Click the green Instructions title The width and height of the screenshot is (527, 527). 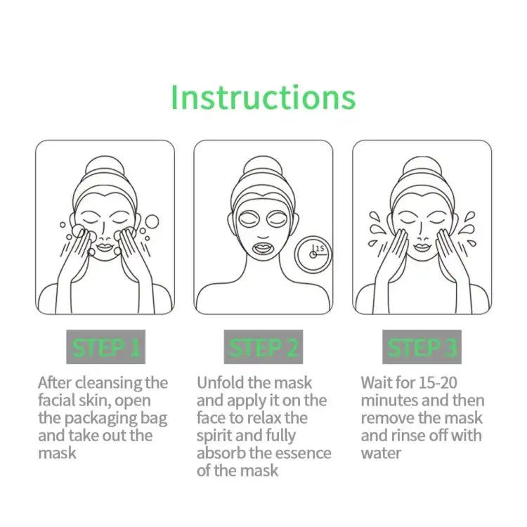pos(263,97)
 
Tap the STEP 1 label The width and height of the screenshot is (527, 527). pos(105,347)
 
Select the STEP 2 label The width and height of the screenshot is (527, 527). pos(263,347)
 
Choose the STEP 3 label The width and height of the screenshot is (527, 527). pos(422,347)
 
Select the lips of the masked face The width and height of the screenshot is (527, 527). pos(263,247)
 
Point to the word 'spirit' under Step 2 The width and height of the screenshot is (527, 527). pos(218,436)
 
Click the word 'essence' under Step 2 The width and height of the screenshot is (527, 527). pos(297,453)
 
